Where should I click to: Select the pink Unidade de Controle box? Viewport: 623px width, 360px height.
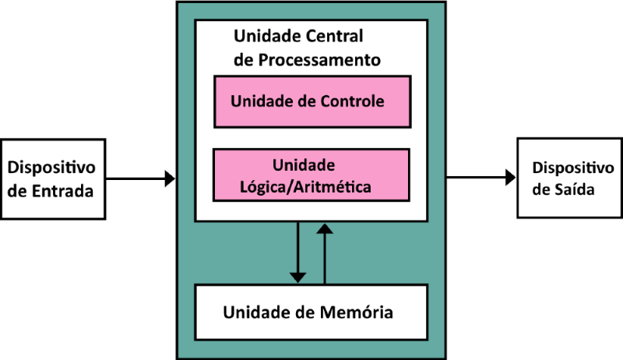311,101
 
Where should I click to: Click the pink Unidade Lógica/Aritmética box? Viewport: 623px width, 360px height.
311,175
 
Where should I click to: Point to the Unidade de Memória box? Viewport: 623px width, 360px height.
311,312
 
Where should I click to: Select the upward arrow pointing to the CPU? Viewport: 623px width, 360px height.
325,253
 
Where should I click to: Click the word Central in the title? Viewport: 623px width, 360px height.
333,36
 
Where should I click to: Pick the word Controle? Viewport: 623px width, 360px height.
351,101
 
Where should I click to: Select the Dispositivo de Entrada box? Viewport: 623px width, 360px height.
53,178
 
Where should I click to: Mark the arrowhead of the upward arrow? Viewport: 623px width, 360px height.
325,228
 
